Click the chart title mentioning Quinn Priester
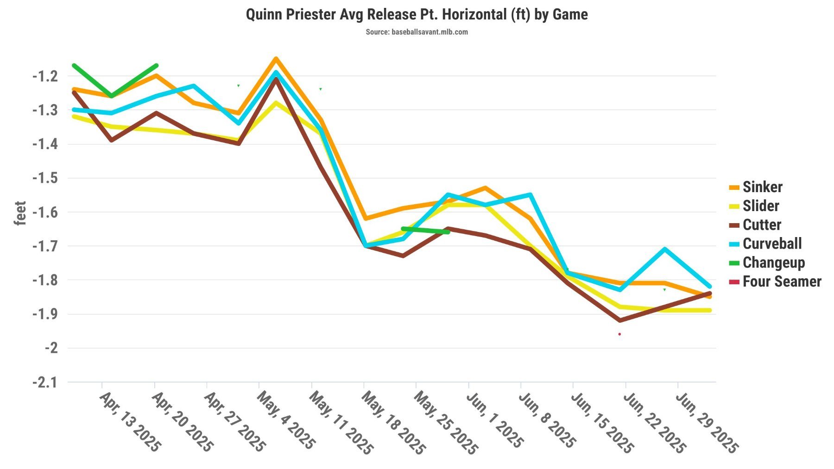[417, 15]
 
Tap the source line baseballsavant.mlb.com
[417, 32]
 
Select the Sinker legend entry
[762, 187]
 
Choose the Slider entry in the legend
[760, 206]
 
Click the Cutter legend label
[761, 225]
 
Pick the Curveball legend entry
[771, 244]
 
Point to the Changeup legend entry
[773, 263]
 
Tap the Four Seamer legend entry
[781, 281]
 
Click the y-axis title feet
[20, 213]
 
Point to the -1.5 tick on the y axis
[44, 178]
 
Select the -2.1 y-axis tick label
[44, 383]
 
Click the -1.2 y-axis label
[44, 76]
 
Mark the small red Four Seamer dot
[619, 334]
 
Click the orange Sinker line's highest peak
[276, 59]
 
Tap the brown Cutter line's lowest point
[620, 320]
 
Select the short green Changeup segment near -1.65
[425, 231]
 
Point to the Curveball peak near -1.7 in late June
[665, 249]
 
